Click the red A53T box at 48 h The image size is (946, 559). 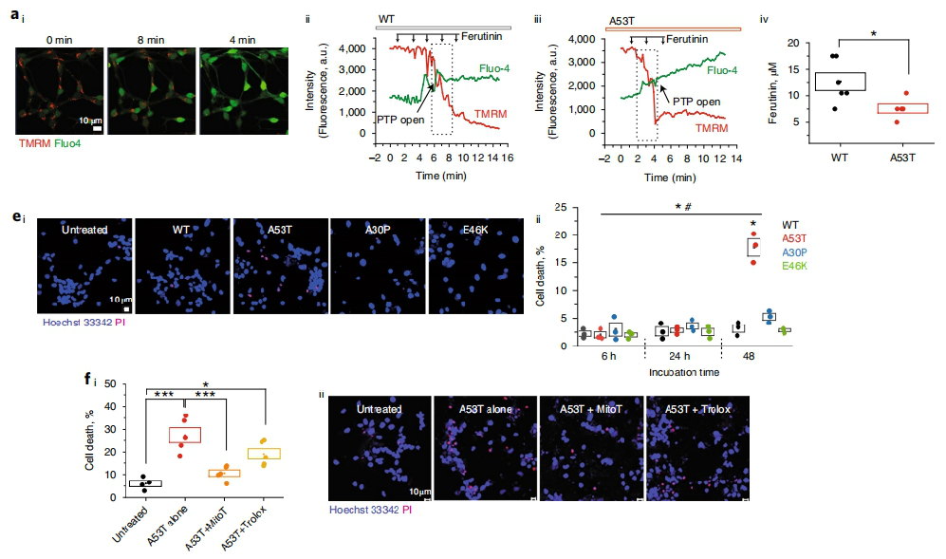tap(754, 246)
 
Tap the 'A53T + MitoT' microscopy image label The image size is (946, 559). tap(589, 409)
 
